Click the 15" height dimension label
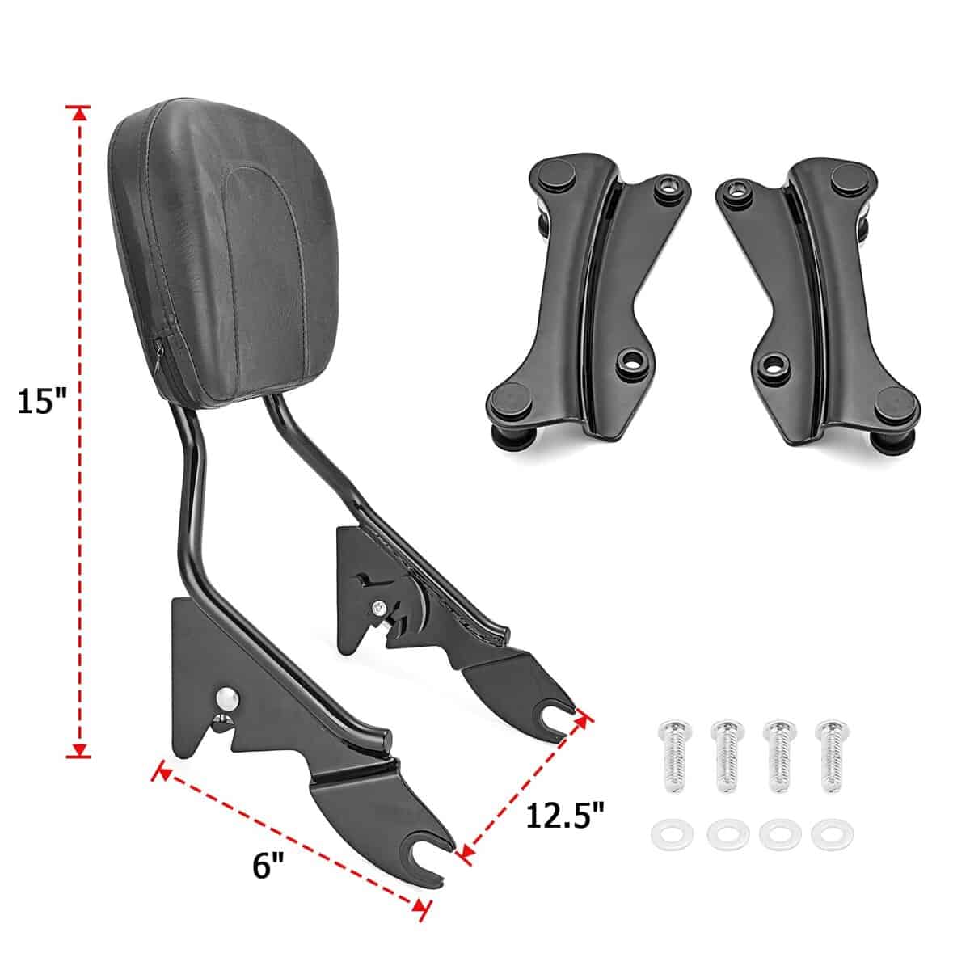[x=42, y=403]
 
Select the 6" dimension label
[x=268, y=866]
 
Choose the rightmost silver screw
[x=832, y=757]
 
